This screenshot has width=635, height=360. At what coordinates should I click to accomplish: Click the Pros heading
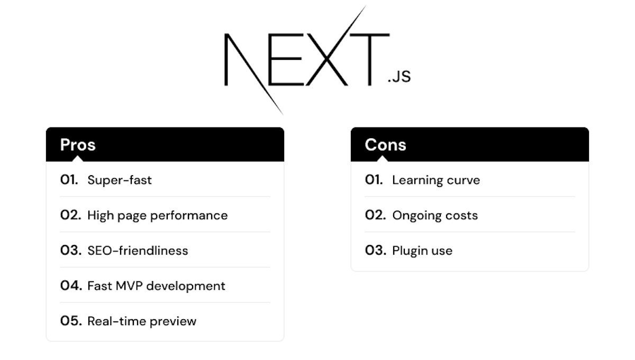tap(78, 145)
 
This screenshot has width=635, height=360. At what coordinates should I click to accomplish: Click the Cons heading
tap(385, 145)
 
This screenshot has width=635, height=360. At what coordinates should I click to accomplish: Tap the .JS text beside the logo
tap(399, 77)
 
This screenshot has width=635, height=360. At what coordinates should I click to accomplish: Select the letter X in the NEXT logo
tap(325, 59)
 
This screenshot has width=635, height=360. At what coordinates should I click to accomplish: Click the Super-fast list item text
tap(120, 180)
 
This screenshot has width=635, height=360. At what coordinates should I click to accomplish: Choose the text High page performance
tap(157, 215)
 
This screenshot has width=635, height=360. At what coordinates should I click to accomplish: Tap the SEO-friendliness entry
tap(138, 250)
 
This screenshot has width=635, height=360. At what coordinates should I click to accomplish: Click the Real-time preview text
tap(142, 321)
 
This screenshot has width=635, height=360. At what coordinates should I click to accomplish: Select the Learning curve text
tap(436, 180)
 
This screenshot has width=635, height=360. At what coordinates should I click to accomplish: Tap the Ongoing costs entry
tap(435, 215)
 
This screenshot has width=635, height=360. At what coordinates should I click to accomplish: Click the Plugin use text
tap(422, 250)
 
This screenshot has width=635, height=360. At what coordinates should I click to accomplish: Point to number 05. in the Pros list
tap(71, 321)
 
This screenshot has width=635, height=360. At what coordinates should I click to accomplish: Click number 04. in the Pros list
tap(71, 286)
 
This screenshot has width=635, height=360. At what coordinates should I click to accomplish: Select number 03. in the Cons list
tap(376, 250)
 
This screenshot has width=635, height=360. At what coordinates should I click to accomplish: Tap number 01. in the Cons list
tap(374, 180)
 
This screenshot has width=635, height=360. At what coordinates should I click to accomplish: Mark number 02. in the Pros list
tap(71, 215)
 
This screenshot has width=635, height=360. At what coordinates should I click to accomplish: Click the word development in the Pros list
tap(186, 286)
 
